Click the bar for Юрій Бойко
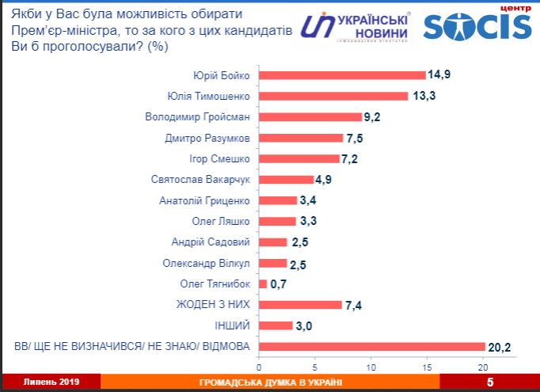pyautogui.click(x=342, y=76)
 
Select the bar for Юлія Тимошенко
pyautogui.click(x=333, y=97)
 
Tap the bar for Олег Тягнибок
pyautogui.click(x=263, y=284)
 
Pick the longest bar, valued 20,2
pyautogui.click(x=372, y=346)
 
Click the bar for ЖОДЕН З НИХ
pyautogui.click(x=300, y=305)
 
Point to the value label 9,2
pyautogui.click(x=374, y=117)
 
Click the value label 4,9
pyautogui.click(x=325, y=180)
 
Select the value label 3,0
pyautogui.click(x=305, y=325)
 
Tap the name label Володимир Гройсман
pyautogui.click(x=198, y=117)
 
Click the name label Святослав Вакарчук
pyautogui.click(x=200, y=180)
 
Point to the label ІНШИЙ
pyautogui.click(x=232, y=325)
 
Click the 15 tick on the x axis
pyautogui.click(x=428, y=367)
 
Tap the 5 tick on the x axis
pyautogui.click(x=315, y=367)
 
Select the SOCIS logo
pyautogui.click(x=477, y=25)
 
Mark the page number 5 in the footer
pyautogui.click(x=490, y=383)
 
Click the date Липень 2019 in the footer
pyautogui.click(x=45, y=382)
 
